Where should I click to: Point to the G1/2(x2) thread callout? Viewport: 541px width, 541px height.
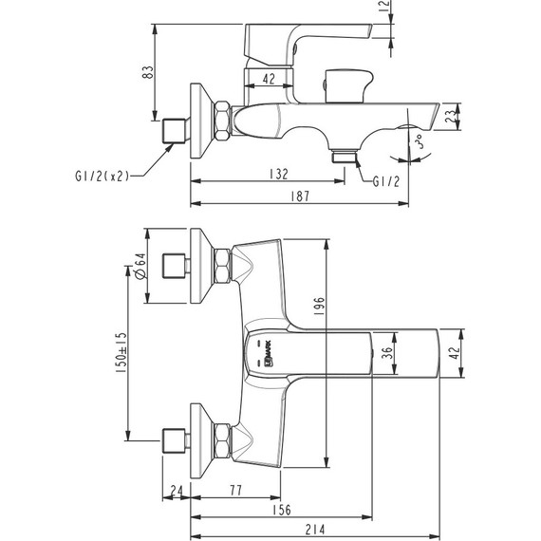point(98,175)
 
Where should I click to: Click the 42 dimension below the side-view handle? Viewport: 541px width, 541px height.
point(269,80)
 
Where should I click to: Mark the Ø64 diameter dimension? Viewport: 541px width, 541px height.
point(140,267)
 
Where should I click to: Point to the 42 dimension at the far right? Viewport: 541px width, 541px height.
point(454,352)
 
